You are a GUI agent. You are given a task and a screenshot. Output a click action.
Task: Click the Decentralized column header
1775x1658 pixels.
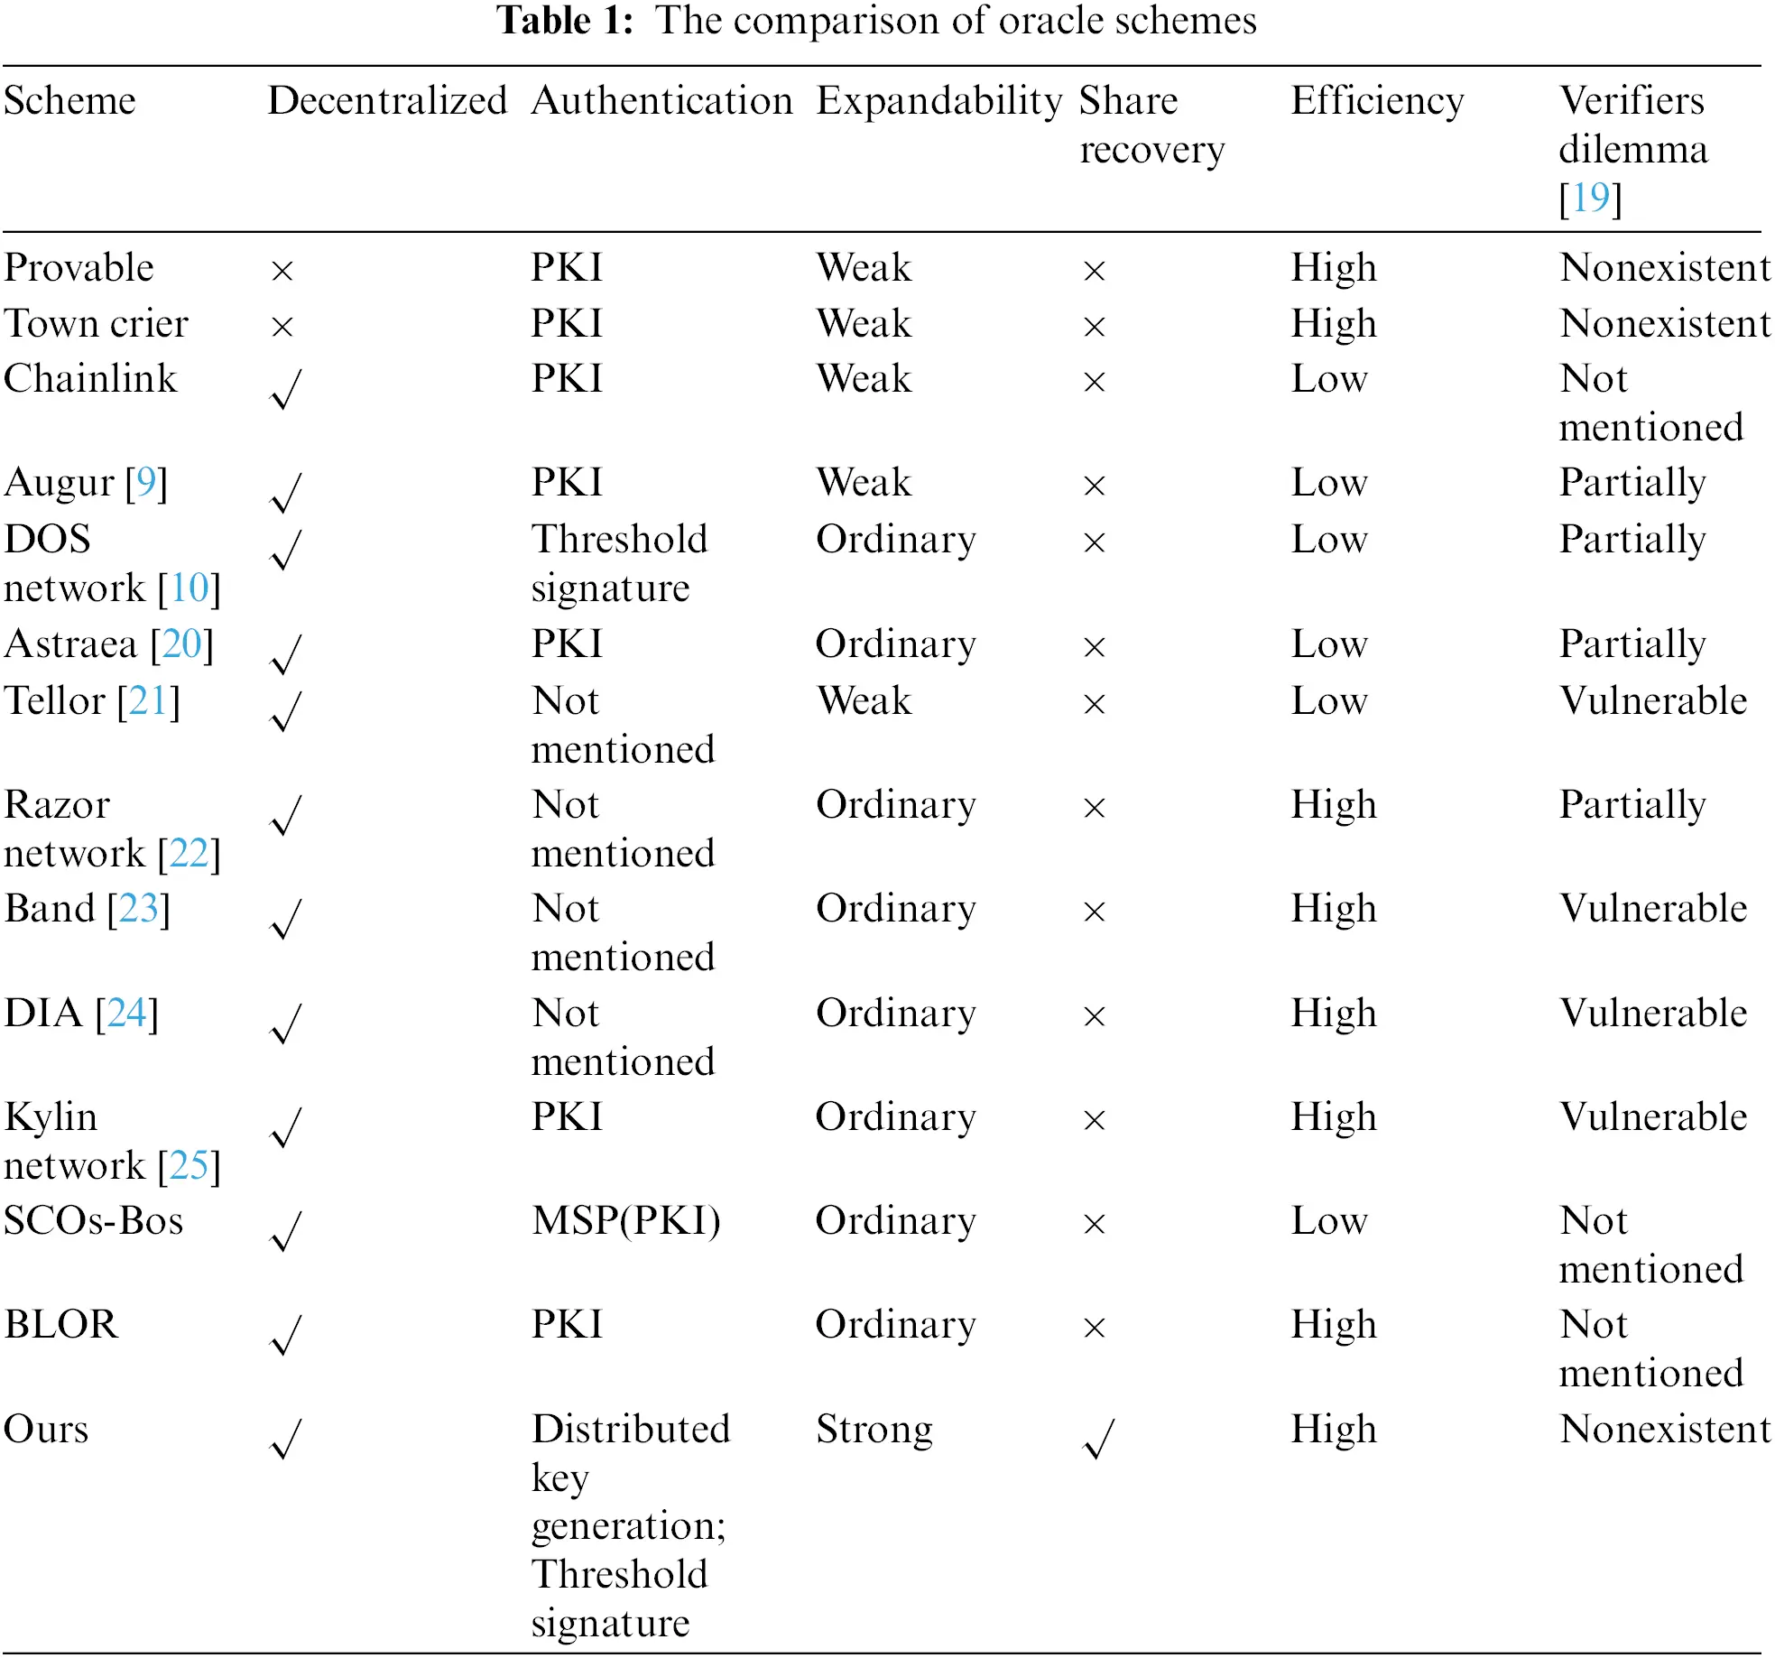click(x=387, y=100)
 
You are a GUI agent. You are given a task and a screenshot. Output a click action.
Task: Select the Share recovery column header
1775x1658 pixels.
click(x=1151, y=125)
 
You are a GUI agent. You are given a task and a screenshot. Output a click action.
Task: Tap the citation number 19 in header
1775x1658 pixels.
click(x=1590, y=198)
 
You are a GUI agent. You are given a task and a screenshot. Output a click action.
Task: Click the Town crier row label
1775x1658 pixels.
click(x=96, y=323)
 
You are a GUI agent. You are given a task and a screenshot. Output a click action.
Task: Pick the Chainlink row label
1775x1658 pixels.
click(x=90, y=378)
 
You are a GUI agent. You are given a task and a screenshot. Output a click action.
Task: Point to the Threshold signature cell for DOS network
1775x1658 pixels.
click(x=619, y=563)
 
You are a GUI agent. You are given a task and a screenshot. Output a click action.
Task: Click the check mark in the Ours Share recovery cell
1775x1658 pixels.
click(x=1098, y=1439)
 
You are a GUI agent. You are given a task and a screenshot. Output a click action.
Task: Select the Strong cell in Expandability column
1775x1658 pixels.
click(x=874, y=1429)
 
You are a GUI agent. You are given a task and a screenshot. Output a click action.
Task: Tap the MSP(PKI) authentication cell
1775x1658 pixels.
click(x=625, y=1220)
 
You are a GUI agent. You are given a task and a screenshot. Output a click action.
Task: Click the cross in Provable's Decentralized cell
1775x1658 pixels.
click(x=282, y=270)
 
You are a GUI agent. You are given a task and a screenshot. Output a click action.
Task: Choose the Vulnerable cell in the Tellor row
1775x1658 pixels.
click(x=1652, y=700)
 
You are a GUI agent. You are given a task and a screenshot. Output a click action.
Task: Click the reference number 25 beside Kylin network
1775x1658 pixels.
click(x=189, y=1165)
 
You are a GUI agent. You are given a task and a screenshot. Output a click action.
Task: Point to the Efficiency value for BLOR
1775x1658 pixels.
click(x=1333, y=1324)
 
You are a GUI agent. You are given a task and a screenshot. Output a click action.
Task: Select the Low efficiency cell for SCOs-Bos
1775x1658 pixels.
click(x=1328, y=1220)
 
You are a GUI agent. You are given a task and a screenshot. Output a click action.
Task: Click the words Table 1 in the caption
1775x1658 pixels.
click(x=565, y=20)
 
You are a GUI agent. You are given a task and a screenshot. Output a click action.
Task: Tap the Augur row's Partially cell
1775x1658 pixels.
click(x=1632, y=482)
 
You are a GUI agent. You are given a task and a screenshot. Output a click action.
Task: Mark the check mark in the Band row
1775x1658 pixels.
click(x=285, y=919)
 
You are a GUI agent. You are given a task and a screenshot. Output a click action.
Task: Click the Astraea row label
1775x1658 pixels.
click(x=108, y=644)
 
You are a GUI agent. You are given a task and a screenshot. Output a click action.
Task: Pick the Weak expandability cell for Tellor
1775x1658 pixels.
click(x=864, y=700)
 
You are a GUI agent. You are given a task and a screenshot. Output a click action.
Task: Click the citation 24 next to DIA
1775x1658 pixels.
click(x=126, y=1013)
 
